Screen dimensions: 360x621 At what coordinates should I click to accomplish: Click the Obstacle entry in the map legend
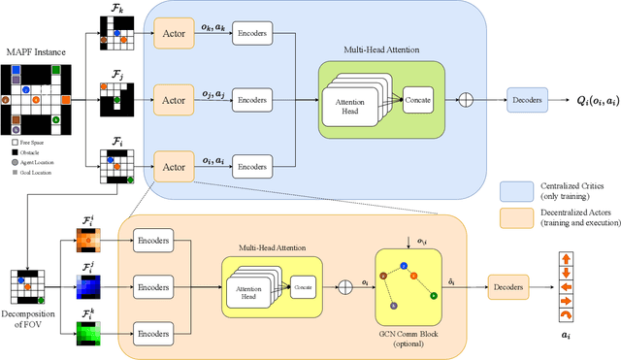pyautogui.click(x=35, y=152)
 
